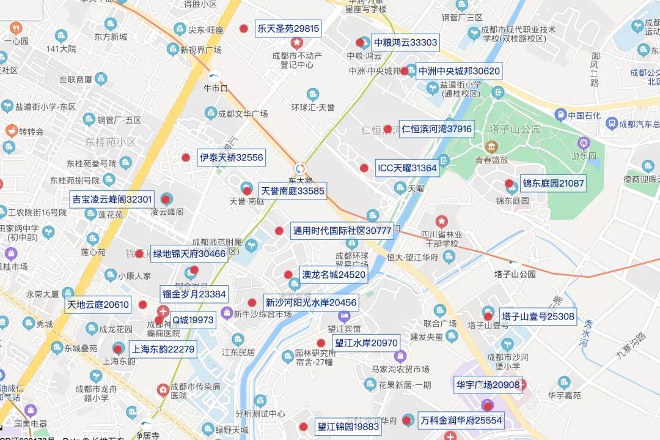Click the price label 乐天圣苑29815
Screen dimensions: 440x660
[288, 29]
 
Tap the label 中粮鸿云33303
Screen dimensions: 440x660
[405, 42]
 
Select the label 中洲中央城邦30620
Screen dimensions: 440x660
[458, 71]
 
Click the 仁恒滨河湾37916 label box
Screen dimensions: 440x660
[436, 129]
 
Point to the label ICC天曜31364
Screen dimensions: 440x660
[406, 168]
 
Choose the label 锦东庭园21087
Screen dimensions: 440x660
[552, 183]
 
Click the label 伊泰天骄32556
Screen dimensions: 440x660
[231, 157]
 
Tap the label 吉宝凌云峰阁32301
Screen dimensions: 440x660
[112, 199]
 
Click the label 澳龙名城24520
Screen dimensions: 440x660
[334, 275]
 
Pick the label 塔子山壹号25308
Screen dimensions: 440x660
[538, 316]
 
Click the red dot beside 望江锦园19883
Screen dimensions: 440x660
[303, 427]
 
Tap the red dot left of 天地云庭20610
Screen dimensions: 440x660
[142, 305]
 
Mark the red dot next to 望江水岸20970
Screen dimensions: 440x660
[321, 343]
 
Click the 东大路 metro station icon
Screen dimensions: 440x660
[300, 168]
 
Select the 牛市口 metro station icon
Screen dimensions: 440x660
[215, 75]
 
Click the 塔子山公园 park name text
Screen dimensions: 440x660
[515, 129]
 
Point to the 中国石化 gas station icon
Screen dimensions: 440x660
[560, 115]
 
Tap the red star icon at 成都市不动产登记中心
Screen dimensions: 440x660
[297, 43]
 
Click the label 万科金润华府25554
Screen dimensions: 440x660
[461, 420]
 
